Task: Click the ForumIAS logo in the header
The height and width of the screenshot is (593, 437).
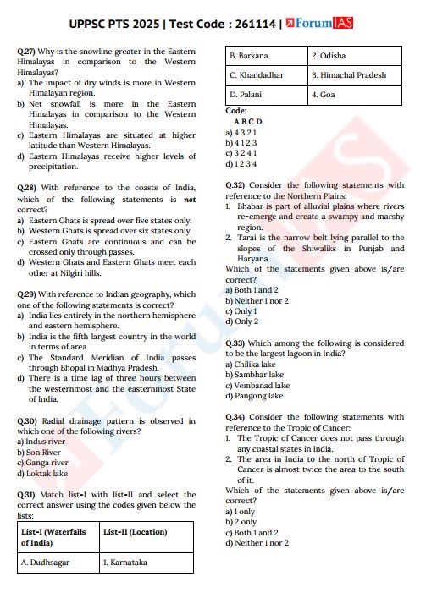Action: pos(321,24)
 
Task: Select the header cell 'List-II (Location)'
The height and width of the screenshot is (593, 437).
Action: pos(136,532)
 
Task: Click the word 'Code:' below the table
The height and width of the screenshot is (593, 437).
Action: pos(236,111)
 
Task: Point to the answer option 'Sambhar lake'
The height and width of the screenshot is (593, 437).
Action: pos(256,375)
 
